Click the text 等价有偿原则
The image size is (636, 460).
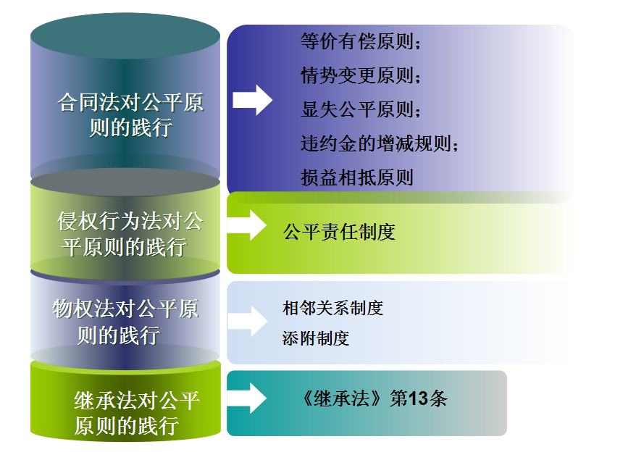[361, 42]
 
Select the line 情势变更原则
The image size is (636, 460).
[361, 75]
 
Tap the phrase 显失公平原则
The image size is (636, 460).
[361, 109]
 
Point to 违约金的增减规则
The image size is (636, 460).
[380, 143]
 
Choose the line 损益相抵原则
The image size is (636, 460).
[356, 177]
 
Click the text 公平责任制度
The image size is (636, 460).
[339, 232]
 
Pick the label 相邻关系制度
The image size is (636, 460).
[332, 308]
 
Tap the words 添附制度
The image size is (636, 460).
[316, 338]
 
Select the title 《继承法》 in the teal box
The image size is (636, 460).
[343, 399]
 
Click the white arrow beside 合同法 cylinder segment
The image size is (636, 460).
[252, 100]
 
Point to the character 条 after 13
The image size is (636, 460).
[438, 399]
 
